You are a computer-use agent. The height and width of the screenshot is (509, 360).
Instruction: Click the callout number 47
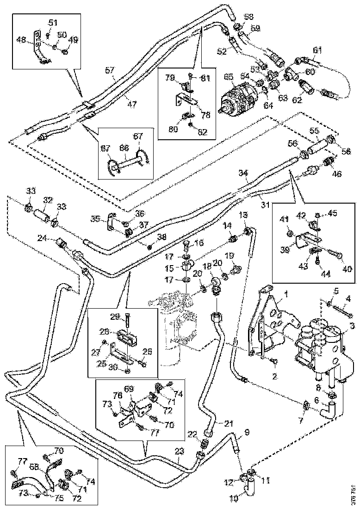coord(132,105)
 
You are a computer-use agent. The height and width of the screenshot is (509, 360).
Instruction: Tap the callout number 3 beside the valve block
coord(353,326)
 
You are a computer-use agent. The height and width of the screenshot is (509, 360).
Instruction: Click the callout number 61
coord(317,50)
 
